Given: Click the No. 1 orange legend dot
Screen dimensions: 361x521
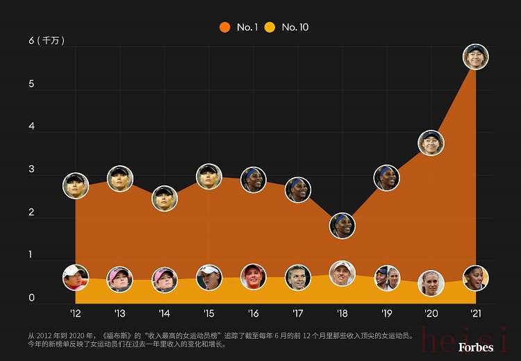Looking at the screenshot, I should [x=225, y=27].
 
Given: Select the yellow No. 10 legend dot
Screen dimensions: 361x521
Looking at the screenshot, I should [x=270, y=27].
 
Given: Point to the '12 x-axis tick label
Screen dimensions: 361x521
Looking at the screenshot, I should [x=75, y=313].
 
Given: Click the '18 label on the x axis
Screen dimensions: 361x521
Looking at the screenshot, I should [x=342, y=313].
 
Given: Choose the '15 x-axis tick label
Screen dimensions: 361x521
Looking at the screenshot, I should [x=209, y=313].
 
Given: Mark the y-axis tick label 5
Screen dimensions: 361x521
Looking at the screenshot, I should [x=31, y=84].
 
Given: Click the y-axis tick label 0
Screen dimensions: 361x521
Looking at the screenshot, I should [x=31, y=299].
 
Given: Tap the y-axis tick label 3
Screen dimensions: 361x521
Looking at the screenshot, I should [x=31, y=170].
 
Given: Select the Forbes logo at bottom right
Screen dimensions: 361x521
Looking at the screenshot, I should [x=475, y=346].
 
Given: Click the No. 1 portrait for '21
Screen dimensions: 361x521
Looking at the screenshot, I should [x=476, y=56].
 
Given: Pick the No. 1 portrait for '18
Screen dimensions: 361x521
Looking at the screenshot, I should [x=342, y=225].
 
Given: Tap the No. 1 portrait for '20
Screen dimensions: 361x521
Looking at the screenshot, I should [x=431, y=143].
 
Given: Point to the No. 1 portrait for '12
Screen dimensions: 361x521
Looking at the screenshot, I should [x=76, y=185].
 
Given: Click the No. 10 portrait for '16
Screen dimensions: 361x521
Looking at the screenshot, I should [x=254, y=276].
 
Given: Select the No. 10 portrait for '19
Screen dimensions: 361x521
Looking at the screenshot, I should [x=387, y=278].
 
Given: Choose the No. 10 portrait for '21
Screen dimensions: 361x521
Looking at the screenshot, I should [x=476, y=278].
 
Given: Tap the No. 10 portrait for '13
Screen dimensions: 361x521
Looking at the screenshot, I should [x=119, y=279].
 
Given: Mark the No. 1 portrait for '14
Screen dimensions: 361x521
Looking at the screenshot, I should [x=165, y=198].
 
